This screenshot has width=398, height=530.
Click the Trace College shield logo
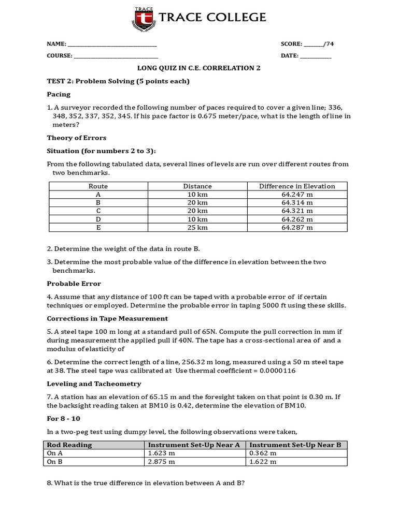tap(144, 18)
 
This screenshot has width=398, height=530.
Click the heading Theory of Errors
tap(76, 138)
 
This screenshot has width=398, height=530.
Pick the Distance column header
tap(197, 186)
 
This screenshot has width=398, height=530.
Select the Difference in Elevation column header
tap(297, 186)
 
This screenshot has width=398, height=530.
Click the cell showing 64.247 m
tap(297, 195)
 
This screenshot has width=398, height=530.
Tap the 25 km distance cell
tap(197, 227)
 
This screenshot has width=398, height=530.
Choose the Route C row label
tap(98, 211)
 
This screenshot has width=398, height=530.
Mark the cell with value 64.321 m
tap(297, 211)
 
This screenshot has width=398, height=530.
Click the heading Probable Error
tap(74, 284)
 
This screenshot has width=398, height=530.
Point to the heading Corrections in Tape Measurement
tap(107, 319)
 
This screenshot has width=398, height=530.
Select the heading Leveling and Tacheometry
tap(94, 384)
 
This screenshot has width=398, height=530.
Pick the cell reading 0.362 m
tap(261, 453)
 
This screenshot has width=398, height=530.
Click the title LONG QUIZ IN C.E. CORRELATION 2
tap(198, 68)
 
